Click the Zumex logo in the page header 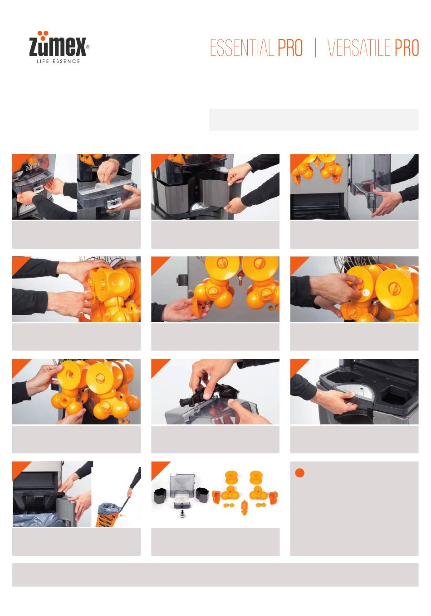click(59, 47)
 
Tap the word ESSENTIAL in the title click(241, 48)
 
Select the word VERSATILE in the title click(359, 48)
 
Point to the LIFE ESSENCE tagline click(59, 61)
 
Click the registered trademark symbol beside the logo click(88, 47)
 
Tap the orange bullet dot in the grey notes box click(299, 473)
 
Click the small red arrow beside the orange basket click(122, 515)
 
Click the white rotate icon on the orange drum click(366, 293)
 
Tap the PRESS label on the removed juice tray click(115, 203)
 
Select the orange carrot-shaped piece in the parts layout click(244, 507)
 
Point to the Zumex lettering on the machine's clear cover click(33, 166)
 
